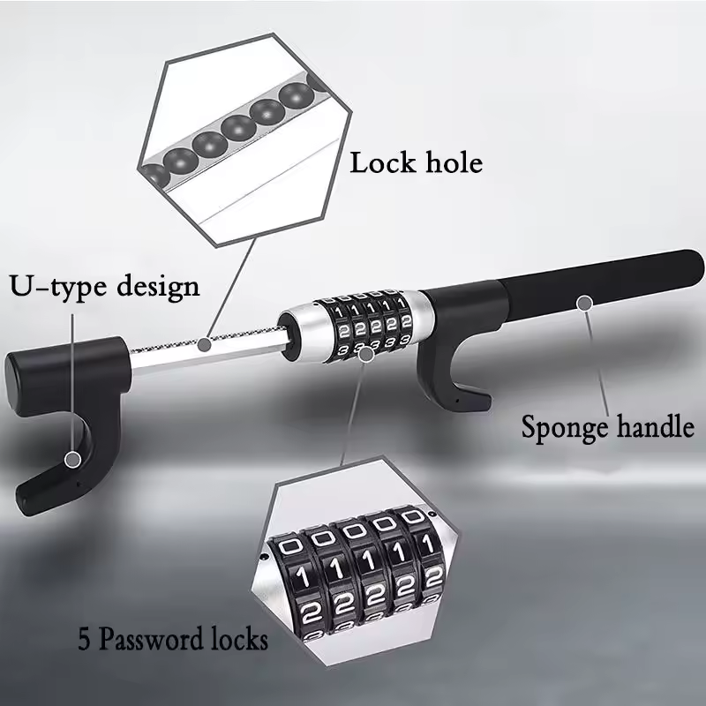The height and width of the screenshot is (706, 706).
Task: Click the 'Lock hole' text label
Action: click(x=417, y=163)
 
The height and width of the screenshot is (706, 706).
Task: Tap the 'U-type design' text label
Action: click(x=105, y=287)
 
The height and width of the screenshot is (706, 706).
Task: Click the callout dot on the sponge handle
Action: click(x=582, y=303)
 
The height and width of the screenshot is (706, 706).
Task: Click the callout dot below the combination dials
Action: click(x=366, y=353)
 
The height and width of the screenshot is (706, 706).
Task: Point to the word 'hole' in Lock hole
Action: click(x=453, y=163)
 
